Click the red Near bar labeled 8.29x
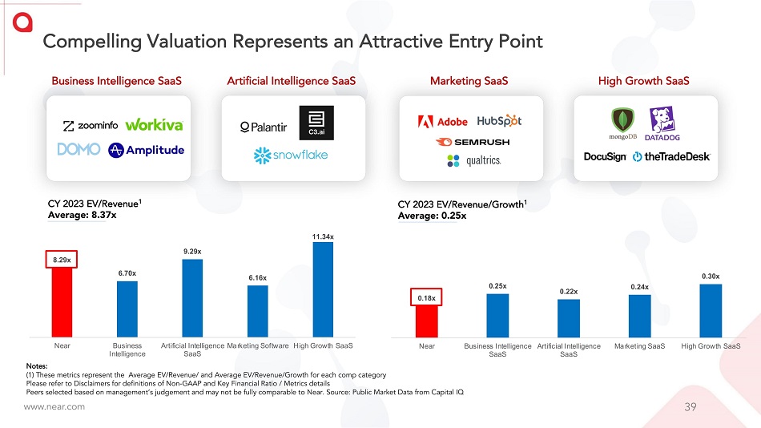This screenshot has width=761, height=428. click(62, 301)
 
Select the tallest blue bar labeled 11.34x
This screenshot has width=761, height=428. click(323, 289)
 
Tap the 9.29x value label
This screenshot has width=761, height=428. click(192, 251)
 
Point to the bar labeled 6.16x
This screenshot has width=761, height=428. click(257, 311)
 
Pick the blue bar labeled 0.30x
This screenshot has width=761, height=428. click(710, 311)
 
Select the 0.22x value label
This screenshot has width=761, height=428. click(569, 292)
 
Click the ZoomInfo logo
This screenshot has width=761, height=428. click(91, 125)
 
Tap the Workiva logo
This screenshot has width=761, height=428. click(155, 125)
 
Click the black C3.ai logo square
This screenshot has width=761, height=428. click(316, 122)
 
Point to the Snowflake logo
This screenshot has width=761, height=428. click(291, 155)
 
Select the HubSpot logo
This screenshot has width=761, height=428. click(499, 121)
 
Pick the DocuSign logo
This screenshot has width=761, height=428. click(605, 157)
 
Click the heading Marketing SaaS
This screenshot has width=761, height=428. click(469, 81)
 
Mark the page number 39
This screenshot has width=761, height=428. click(691, 407)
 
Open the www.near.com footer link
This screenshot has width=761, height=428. click(54, 407)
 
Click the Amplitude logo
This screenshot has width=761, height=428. click(147, 150)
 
